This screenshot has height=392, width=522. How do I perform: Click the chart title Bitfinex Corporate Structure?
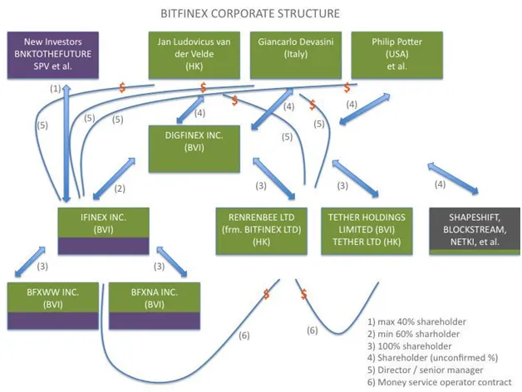click(250, 13)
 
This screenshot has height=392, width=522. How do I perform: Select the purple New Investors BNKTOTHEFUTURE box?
click(53, 56)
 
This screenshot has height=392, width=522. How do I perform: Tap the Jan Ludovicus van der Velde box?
click(194, 56)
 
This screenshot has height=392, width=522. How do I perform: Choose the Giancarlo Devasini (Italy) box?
click(296, 56)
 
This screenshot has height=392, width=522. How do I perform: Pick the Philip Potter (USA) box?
click(396, 56)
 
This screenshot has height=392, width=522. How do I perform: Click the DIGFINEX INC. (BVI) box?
click(194, 149)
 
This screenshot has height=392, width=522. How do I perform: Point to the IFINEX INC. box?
click(104, 231)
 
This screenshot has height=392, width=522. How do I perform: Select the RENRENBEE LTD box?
click(261, 231)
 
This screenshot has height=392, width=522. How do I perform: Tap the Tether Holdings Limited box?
click(367, 231)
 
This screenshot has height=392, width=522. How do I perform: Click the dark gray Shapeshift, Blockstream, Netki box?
click(475, 231)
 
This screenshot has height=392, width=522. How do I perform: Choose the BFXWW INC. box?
click(53, 306)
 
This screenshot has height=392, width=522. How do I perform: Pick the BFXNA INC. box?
click(155, 306)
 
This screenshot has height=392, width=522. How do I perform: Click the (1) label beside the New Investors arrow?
click(55, 89)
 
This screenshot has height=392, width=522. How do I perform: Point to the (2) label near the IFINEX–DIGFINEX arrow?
click(120, 189)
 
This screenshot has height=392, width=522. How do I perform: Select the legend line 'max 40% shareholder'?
click(416, 321)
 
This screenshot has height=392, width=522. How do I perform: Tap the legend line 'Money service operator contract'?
click(440, 382)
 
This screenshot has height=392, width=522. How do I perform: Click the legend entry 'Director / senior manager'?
click(425, 370)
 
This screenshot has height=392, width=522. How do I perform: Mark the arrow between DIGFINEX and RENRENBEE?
click(274, 179)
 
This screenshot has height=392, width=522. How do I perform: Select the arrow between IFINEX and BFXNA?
click(172, 262)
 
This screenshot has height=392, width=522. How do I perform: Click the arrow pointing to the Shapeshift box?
click(453, 178)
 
